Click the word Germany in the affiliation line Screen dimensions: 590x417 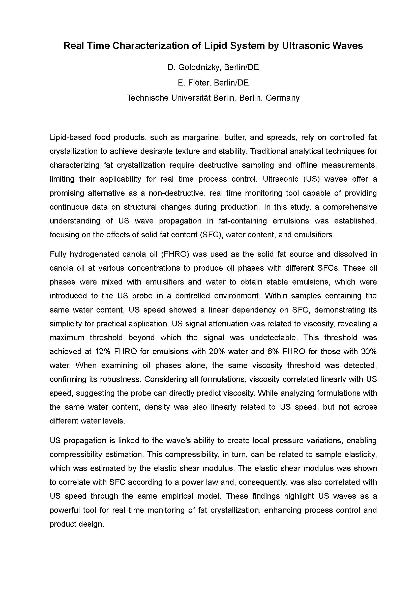(282, 98)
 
